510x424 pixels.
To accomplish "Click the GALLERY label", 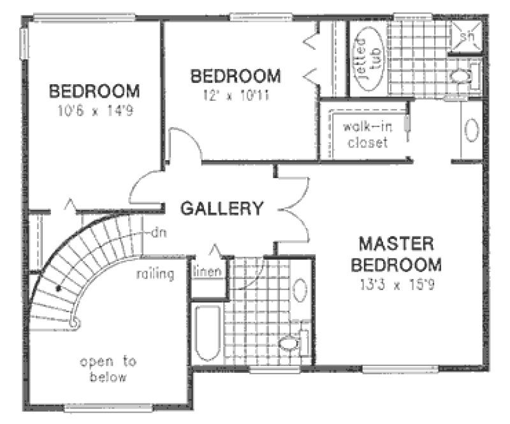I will click(222, 208).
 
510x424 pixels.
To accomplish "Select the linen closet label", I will click(208, 271).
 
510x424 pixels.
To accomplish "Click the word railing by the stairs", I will click(155, 275).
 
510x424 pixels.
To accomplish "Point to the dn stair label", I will click(158, 233).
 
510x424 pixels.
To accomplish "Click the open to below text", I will click(108, 369).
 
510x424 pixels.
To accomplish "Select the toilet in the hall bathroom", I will click(291, 344).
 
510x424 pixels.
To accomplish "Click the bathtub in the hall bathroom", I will click(207, 335).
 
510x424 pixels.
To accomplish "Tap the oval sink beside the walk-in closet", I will click(471, 130).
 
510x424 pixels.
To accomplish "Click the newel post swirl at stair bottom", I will click(75, 323).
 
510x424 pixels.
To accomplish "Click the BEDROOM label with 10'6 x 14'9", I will click(95, 90).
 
